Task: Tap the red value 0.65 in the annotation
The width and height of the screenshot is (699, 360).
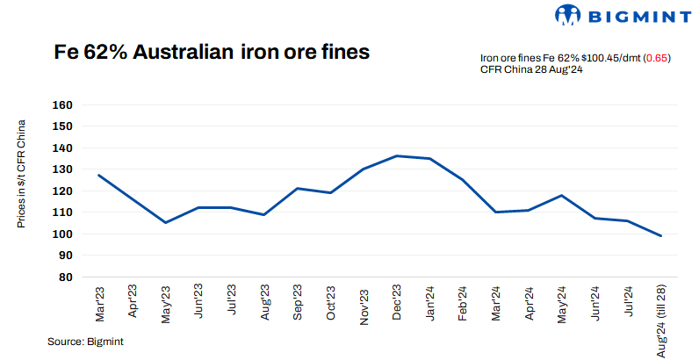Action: tap(657, 58)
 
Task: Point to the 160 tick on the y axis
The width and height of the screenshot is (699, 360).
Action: tap(63, 104)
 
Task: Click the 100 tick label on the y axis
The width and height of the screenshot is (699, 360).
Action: tap(63, 234)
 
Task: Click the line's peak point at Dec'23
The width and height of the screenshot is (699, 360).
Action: tap(396, 155)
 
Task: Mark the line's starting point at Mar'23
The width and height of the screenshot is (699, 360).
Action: tap(98, 175)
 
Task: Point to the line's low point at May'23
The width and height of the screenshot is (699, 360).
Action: tap(164, 222)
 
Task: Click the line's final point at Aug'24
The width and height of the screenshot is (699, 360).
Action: tap(660, 235)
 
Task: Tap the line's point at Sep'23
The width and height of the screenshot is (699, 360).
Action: tap(297, 188)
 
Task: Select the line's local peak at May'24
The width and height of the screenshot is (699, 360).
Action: tap(561, 195)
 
